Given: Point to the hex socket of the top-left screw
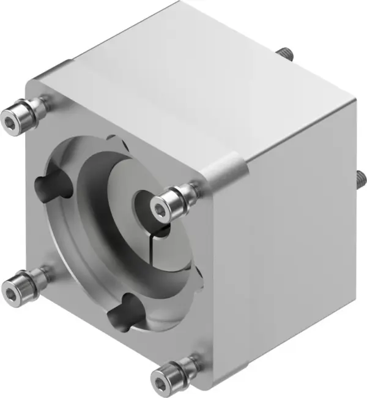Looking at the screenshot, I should coord(10,116).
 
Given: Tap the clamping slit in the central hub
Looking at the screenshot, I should coord(160,231).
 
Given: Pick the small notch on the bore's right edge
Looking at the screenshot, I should coord(197,269).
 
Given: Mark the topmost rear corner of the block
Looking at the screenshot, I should coord(182,2).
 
